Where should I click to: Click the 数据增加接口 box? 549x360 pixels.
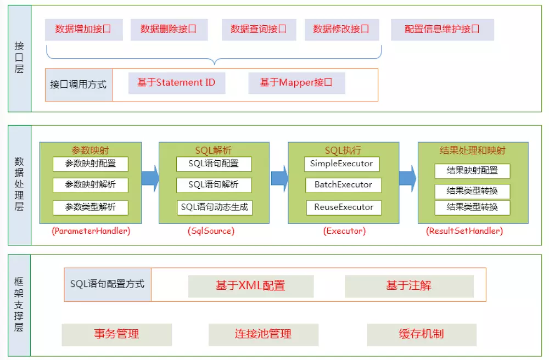pos(83,29)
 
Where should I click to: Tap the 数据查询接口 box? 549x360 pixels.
pos(259,29)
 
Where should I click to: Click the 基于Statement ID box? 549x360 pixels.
pos(176,83)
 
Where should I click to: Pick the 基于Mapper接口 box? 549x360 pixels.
pos(296,83)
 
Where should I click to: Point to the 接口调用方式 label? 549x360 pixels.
pos(79,85)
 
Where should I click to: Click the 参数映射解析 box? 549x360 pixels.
pos(90,185)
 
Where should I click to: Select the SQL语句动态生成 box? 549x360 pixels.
pos(214,207)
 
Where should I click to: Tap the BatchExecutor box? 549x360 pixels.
pos(343,185)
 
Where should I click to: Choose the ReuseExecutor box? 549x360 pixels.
pos(343,207)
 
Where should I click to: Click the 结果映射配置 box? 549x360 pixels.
pos(472,171)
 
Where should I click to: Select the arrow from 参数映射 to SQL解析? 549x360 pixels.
pos(150,177)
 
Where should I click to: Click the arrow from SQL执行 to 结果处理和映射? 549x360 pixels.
pos(407,178)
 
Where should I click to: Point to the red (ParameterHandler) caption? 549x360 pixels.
pos(91,231)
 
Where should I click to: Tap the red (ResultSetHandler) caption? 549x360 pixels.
pos(464,231)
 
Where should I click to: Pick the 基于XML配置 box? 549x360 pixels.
pos(250,286)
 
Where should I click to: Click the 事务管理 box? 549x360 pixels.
pos(116,334)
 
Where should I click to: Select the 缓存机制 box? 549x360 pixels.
pos(421,334)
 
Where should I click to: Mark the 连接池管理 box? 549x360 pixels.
pos(263,334)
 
